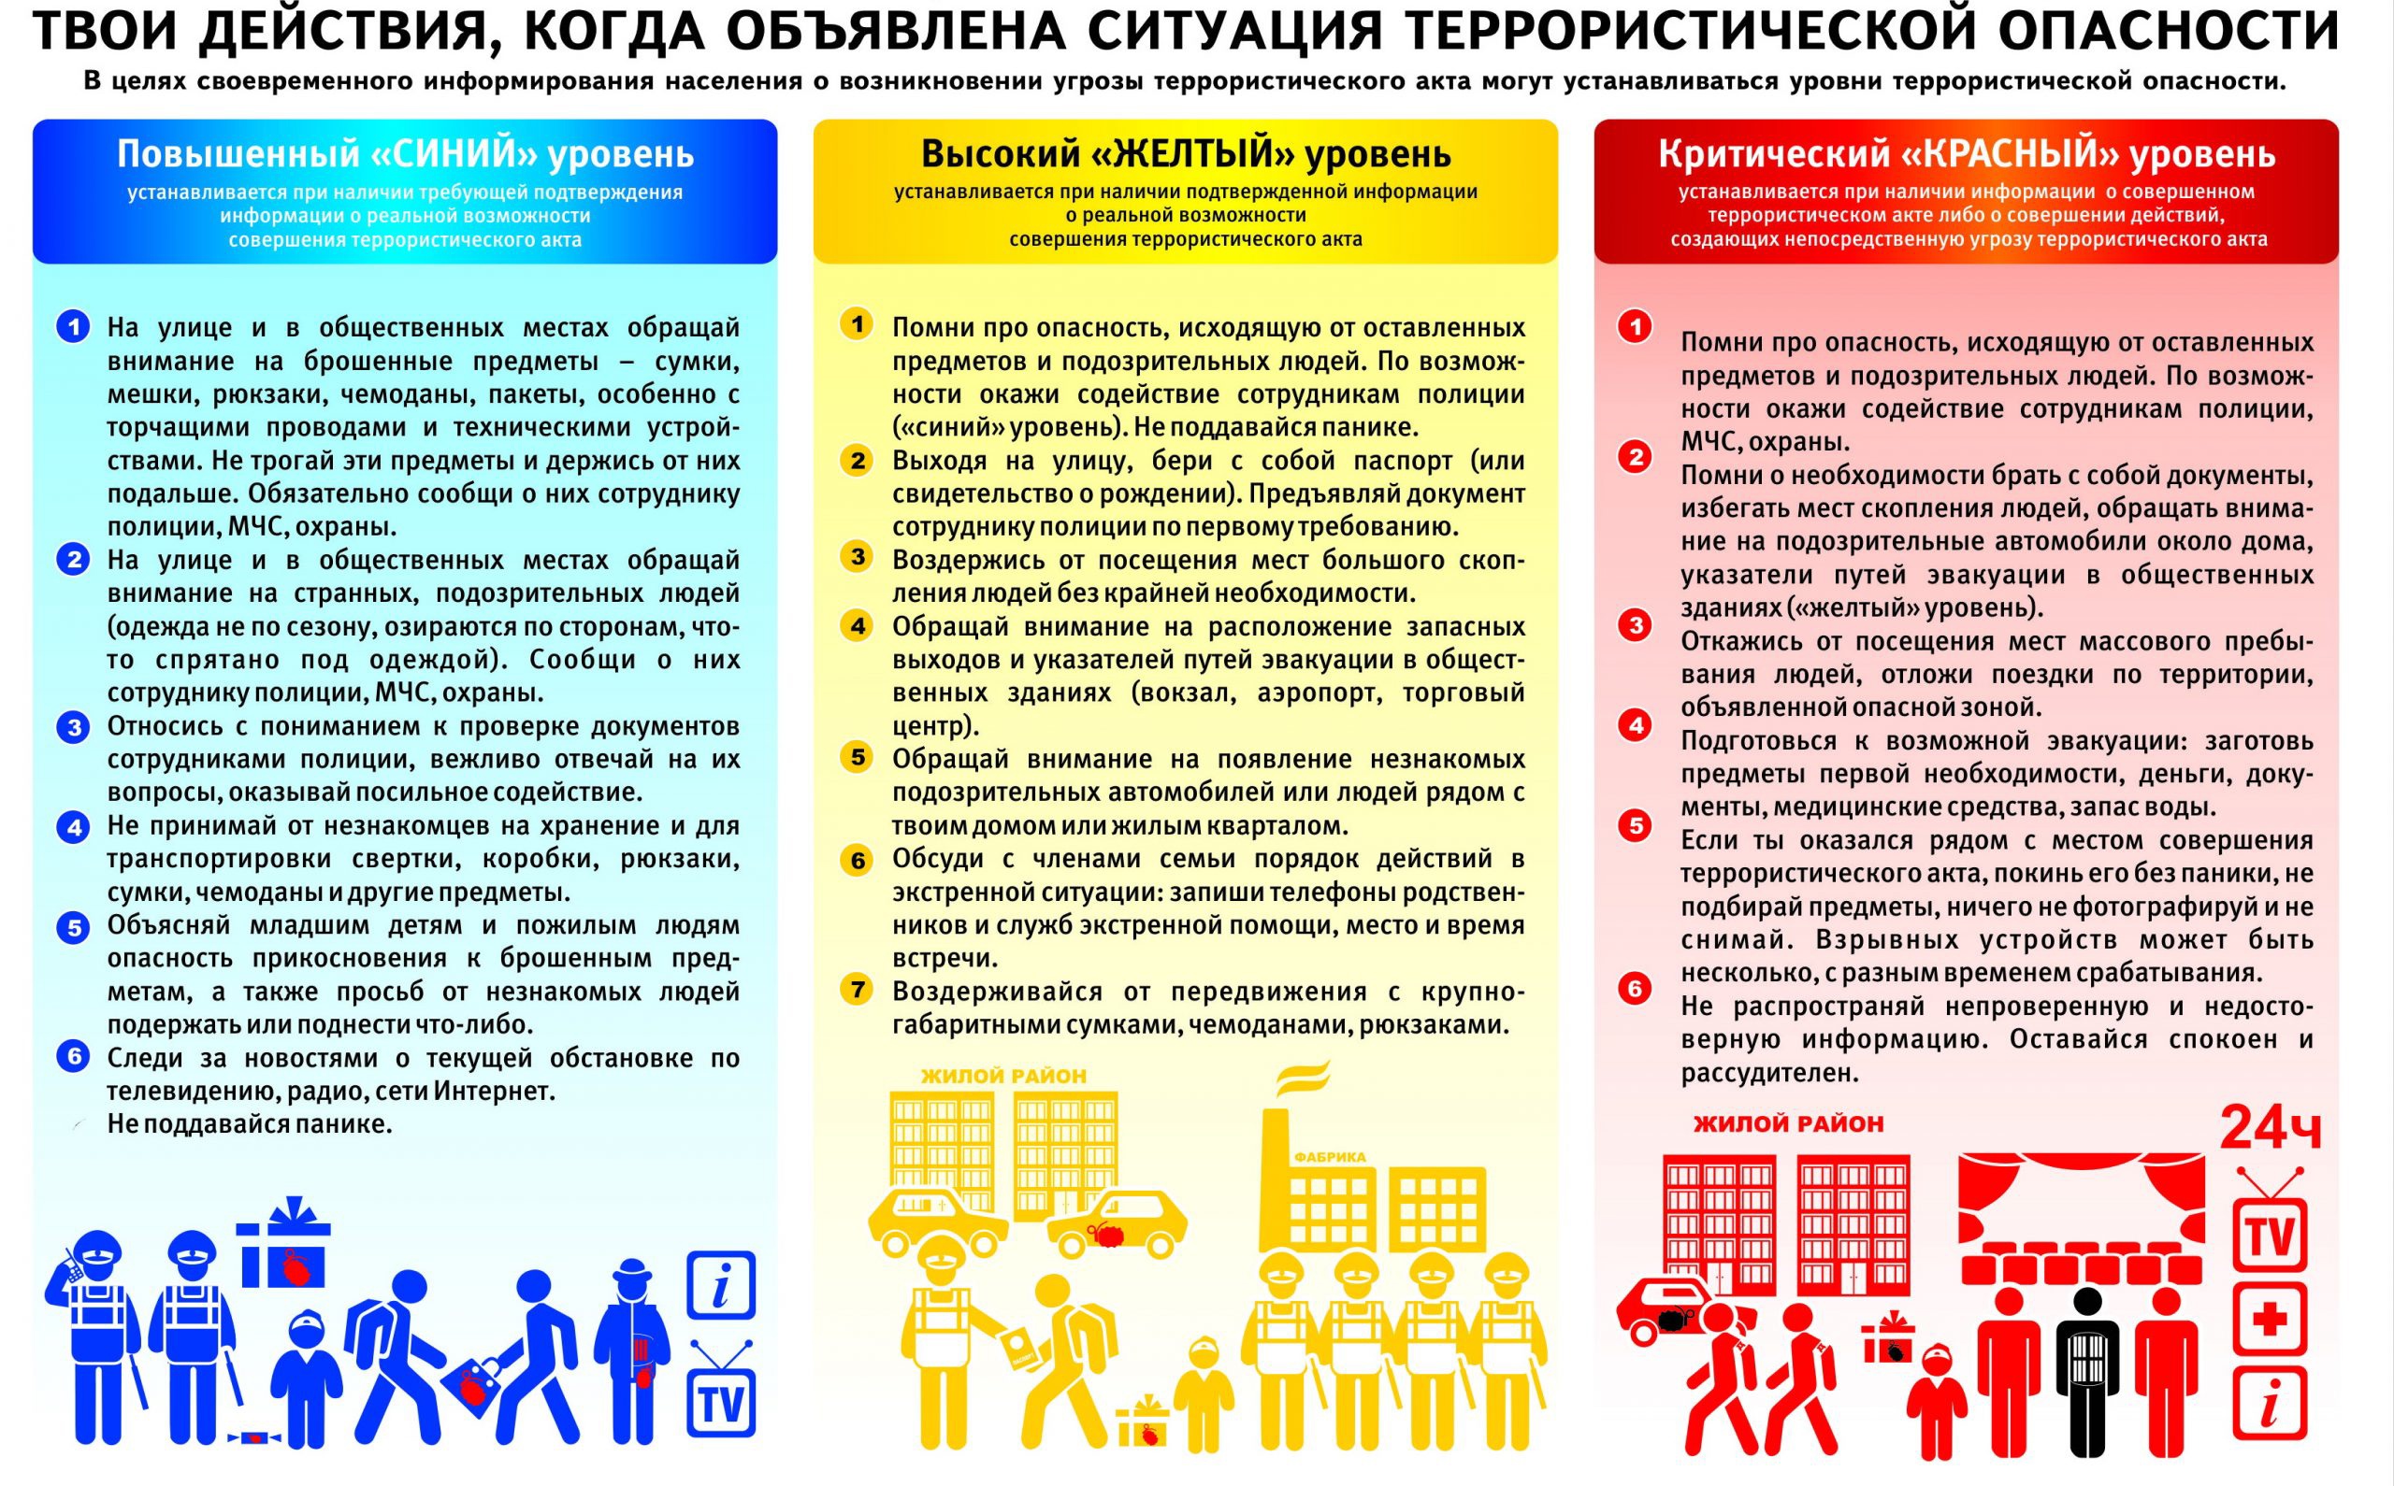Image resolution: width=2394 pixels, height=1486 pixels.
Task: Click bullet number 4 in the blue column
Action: [73, 826]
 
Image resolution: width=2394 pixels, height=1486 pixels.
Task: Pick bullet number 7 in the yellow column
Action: [858, 989]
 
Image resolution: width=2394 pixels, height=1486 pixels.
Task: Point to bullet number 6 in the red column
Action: [1635, 988]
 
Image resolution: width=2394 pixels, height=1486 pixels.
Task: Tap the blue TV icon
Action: [721, 1399]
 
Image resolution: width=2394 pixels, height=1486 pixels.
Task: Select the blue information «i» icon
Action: [721, 1284]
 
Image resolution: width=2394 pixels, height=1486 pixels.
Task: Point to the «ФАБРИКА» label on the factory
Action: [1329, 1157]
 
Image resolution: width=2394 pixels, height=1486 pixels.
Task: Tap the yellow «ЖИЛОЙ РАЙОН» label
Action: [1002, 1076]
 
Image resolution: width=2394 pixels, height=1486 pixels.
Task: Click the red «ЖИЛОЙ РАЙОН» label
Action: [1787, 1123]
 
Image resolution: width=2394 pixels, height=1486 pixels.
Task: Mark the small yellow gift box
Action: [1143, 1423]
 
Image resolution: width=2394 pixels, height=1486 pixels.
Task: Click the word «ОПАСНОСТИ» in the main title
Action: [2169, 32]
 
